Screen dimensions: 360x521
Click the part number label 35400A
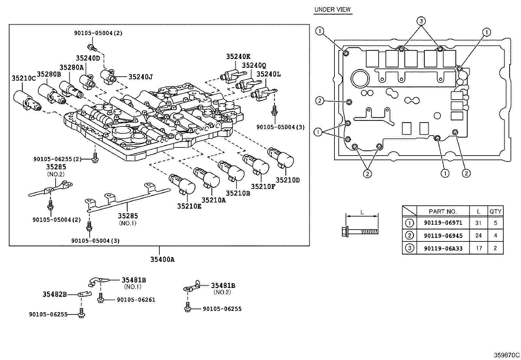[162, 260]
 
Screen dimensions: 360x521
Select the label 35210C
[24, 78]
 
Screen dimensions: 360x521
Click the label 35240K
[238, 56]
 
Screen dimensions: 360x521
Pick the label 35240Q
[254, 65]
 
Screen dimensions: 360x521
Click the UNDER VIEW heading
[332, 9]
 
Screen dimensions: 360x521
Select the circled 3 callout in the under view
[421, 21]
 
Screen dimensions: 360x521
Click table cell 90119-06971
[443, 223]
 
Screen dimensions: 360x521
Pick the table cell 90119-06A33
[443, 248]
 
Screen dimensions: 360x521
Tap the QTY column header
[495, 211]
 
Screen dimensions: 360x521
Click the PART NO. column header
[443, 211]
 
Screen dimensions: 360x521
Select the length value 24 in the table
[478, 236]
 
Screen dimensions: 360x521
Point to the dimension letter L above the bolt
[362, 212]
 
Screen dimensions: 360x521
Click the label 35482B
[54, 294]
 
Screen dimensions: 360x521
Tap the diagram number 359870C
[507, 355]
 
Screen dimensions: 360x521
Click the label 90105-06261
[136, 300]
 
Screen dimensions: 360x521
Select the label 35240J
[140, 77]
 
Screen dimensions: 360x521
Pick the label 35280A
[72, 67]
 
